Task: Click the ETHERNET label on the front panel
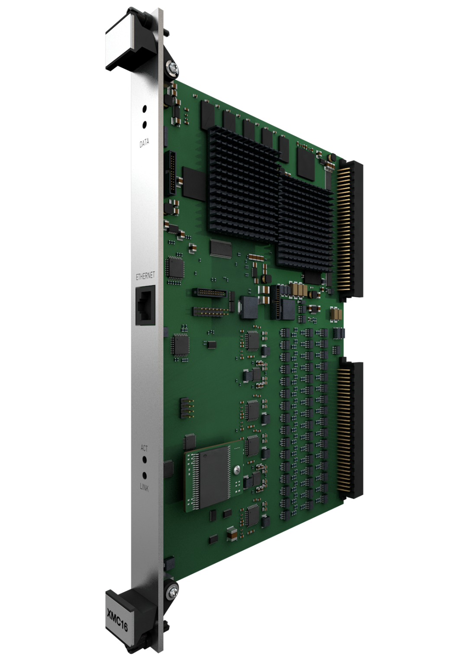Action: point(145,276)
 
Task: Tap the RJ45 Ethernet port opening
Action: point(145,305)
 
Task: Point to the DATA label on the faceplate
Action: point(144,143)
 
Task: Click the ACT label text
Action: point(144,448)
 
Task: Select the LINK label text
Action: point(144,487)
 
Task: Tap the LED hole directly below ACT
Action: point(145,460)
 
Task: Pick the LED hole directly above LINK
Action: point(145,476)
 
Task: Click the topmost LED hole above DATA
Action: point(145,109)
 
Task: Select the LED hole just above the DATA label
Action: point(145,124)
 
